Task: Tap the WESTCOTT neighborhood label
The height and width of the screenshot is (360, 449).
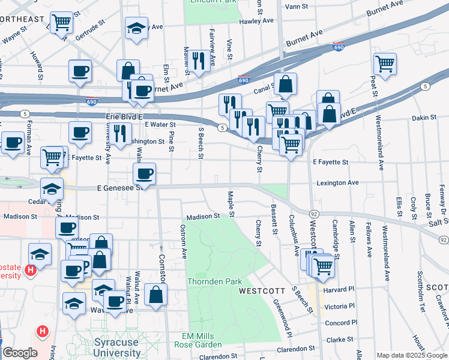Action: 262,291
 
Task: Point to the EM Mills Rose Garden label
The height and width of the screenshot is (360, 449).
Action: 198,340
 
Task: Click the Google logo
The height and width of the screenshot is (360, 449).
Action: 19,353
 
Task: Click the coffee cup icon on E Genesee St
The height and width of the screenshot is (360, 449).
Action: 144,174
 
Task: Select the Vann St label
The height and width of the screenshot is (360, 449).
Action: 296,6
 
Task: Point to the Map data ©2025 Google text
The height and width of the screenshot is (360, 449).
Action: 411,355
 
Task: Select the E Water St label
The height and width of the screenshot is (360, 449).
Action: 160,124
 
